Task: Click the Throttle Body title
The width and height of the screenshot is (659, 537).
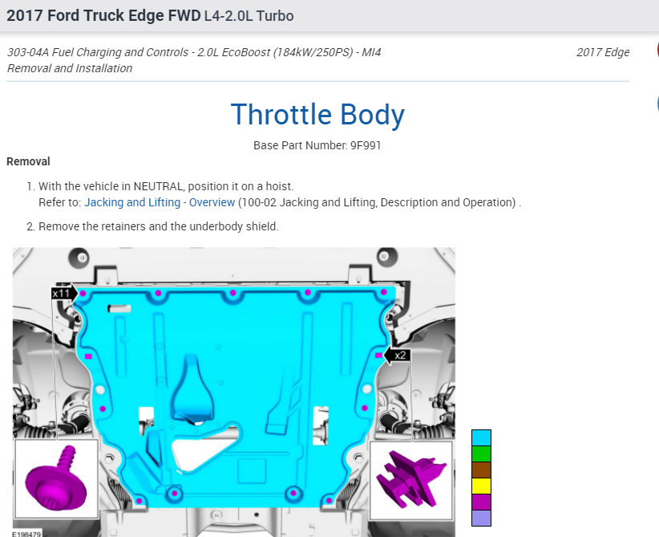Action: [317, 115]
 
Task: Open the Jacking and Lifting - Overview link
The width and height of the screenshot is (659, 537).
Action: [160, 202]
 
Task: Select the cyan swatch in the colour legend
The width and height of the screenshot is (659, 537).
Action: [481, 437]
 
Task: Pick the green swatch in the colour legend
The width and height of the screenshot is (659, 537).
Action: [481, 454]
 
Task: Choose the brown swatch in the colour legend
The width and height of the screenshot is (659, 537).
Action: [481, 470]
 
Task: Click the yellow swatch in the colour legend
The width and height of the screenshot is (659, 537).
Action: [481, 486]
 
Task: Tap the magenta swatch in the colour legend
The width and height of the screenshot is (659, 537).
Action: [481, 502]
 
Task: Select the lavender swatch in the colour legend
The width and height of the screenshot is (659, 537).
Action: [481, 518]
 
